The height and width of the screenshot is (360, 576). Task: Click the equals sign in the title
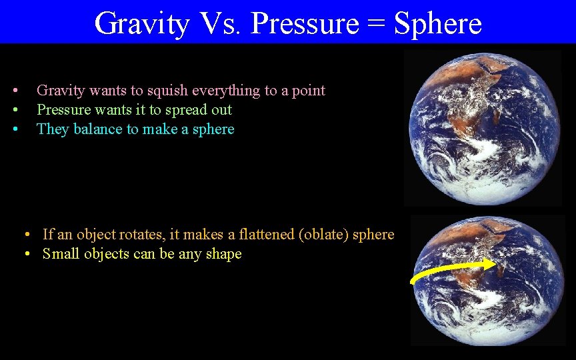(x=376, y=25)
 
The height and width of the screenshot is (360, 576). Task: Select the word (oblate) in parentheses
(x=325, y=235)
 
